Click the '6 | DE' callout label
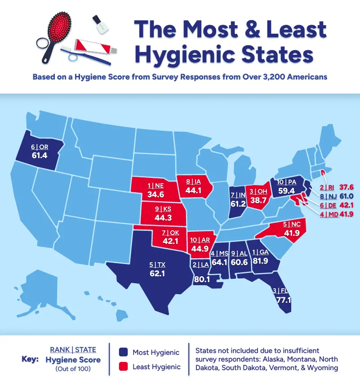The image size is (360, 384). click(326, 205)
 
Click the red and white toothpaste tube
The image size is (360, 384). click(97, 45)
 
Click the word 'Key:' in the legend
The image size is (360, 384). click(31, 359)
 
